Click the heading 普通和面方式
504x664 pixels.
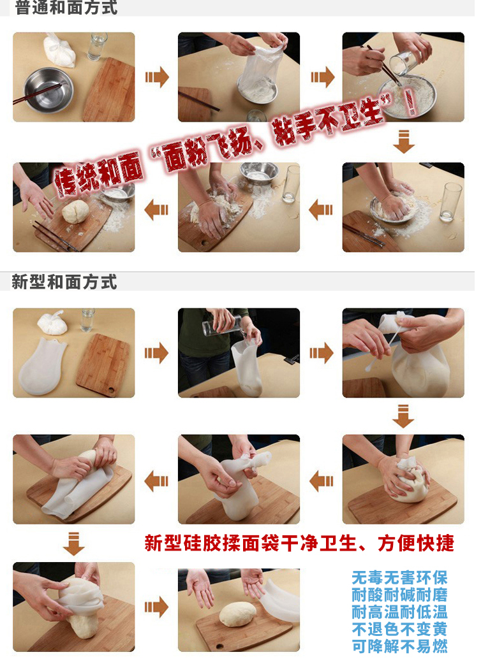66,8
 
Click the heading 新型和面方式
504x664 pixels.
64,282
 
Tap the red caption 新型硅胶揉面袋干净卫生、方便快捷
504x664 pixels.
299,543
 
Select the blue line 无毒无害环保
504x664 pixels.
399,577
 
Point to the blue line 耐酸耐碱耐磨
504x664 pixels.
399,595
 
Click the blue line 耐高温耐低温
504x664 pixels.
399,612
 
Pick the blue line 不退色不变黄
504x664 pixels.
399,630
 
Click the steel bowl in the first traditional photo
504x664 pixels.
48,89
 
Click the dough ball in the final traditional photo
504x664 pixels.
75,212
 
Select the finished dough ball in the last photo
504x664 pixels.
238,614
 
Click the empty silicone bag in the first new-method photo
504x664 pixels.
42,366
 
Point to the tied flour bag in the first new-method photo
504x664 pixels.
52,323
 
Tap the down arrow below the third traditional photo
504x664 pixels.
404,141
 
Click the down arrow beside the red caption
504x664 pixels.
74,544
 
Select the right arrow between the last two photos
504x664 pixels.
156,607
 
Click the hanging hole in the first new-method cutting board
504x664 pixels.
111,389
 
